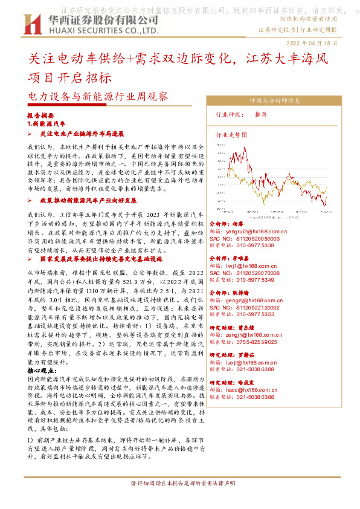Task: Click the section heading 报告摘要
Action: pyautogui.click(x=41, y=115)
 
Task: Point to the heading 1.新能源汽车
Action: pyautogui.click(x=47, y=123)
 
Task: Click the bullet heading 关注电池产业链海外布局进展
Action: pyautogui.click(x=81, y=134)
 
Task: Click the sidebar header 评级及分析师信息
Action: pyautogui.click(x=266, y=100)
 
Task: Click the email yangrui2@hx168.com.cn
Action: pyautogui.click(x=252, y=232)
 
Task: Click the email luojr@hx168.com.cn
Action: pyautogui.click(x=251, y=362)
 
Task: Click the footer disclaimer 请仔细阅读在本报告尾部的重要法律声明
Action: pyautogui.click(x=179, y=501)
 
